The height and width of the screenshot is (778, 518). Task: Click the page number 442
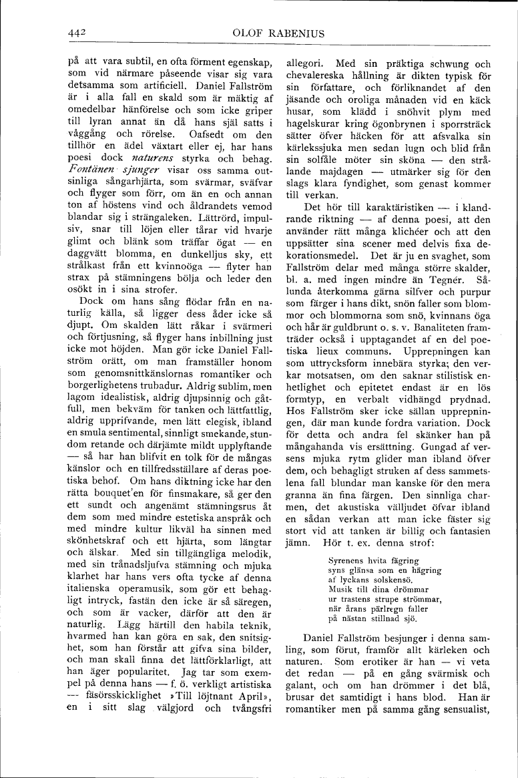(78, 31)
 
